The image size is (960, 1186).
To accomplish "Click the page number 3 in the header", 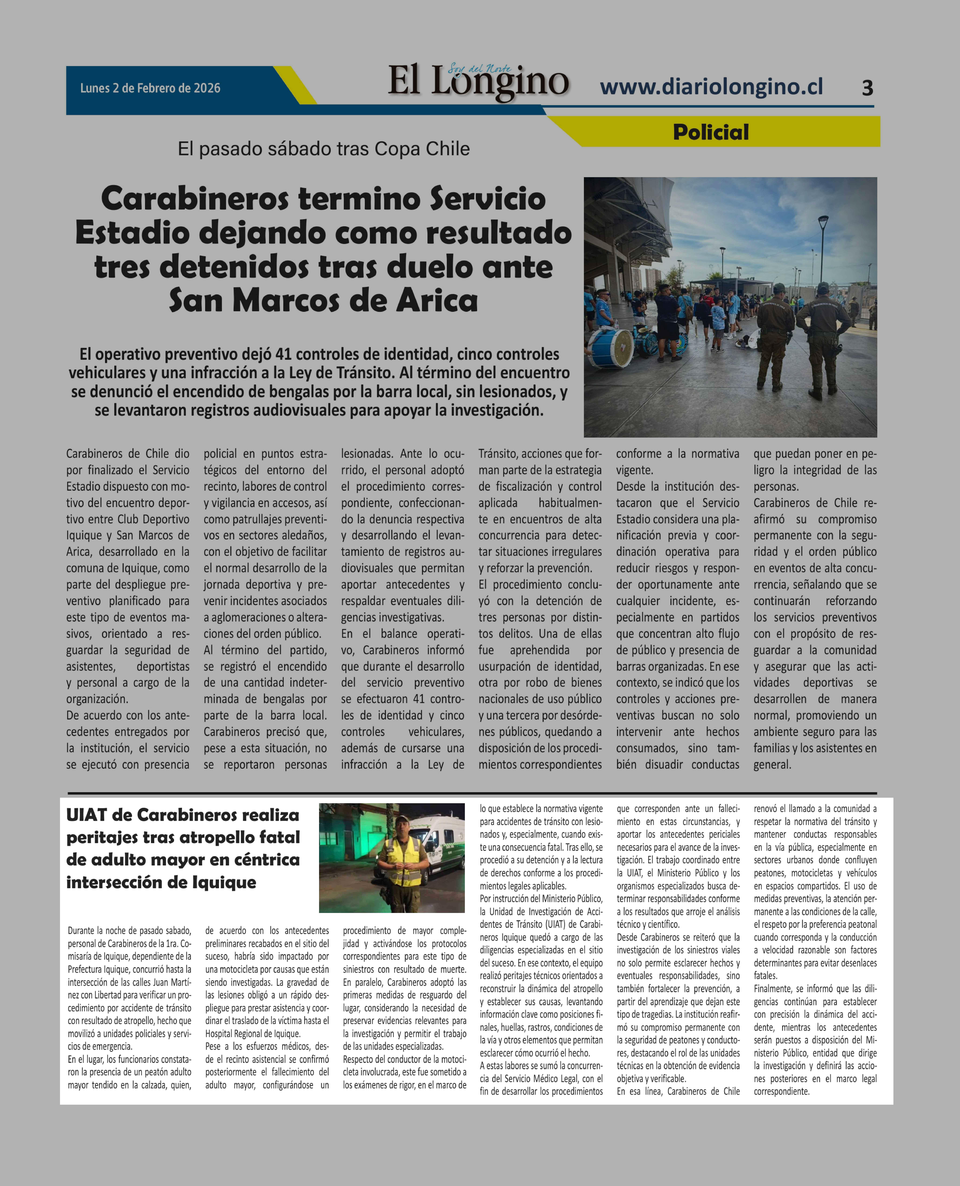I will (x=867, y=88).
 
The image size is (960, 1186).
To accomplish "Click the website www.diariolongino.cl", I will (x=711, y=87).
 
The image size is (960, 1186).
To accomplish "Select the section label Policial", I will (x=711, y=132).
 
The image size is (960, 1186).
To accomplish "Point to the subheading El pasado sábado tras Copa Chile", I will (x=323, y=149).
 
